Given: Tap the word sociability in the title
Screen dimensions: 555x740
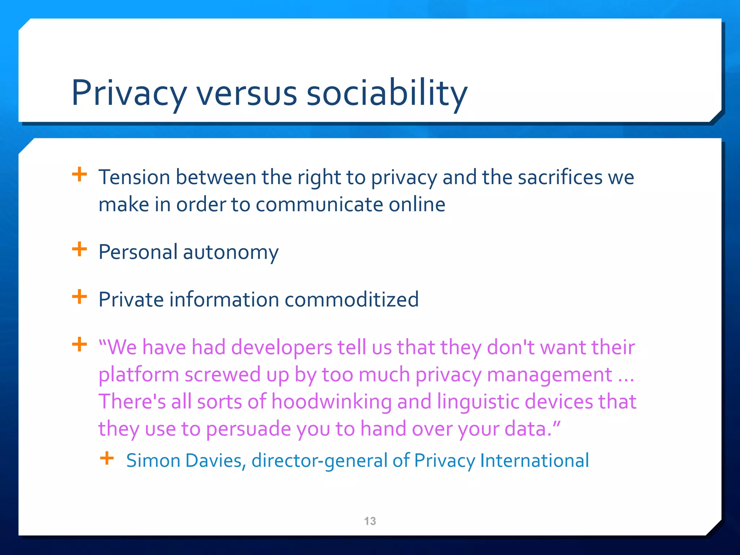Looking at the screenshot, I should tap(387, 93).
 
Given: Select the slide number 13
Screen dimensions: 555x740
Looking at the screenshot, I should tap(370, 521).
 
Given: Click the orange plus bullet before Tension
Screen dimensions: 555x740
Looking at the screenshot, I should tap(79, 175).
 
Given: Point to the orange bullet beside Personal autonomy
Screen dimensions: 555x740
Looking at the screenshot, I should tap(79, 249).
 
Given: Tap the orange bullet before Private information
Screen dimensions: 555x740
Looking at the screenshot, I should tap(79, 297).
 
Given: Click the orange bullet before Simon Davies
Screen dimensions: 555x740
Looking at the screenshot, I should tap(107, 459).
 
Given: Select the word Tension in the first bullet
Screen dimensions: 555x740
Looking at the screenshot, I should tap(134, 177).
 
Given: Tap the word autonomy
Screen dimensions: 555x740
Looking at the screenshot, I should tap(231, 252).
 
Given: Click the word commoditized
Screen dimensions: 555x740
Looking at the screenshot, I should tap(352, 300).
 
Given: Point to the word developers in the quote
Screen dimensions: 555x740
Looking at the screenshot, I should tap(281, 347).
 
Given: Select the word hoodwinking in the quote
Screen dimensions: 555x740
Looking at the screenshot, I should tap(332, 402).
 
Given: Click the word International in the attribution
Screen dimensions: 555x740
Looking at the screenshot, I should tap(534, 461).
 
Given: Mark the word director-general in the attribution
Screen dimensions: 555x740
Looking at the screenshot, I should tap(319, 461).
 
